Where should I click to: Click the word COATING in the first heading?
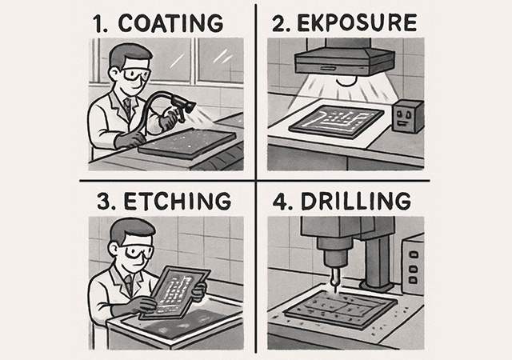coord(170,23)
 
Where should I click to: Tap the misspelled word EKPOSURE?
coord(358,23)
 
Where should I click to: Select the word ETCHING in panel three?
coord(178,201)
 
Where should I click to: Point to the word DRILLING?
coord(355,201)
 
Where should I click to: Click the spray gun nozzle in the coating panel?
coord(189,107)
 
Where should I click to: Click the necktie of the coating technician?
coord(128,107)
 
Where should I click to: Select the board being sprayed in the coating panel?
coord(187,143)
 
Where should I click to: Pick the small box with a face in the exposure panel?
coord(407,117)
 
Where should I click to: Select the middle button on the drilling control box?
coord(414,268)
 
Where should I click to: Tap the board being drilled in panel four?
coord(340,309)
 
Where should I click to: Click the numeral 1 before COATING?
coord(98,24)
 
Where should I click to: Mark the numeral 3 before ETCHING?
coord(104,202)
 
